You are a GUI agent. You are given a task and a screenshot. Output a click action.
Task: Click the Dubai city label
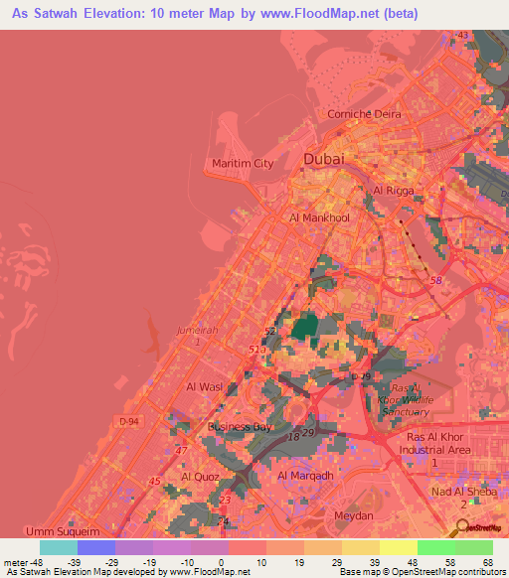[324, 159]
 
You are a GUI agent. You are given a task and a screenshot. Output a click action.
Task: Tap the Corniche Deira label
[365, 114]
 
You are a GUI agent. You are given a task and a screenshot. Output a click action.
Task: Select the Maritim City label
[243, 163]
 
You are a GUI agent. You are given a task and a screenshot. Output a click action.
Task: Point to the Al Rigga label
[392, 190]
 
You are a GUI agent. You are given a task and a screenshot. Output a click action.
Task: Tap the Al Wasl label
[204, 386]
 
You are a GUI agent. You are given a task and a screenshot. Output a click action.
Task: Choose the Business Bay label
[240, 427]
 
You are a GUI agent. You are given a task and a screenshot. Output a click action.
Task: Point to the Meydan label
[353, 516]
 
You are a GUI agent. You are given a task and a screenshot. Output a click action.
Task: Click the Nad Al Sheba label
[461, 492]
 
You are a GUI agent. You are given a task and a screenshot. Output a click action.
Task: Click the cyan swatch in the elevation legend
[59, 547]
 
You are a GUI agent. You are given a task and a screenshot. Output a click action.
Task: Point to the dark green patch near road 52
[303, 328]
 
